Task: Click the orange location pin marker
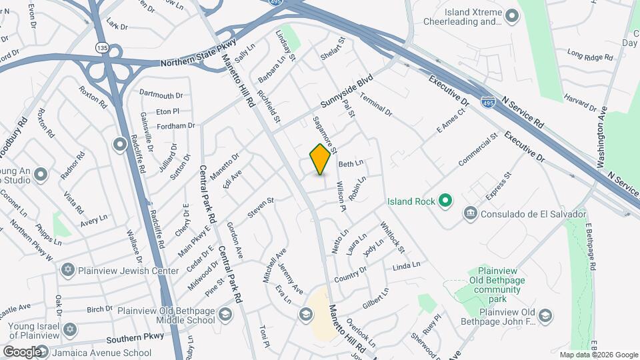click(x=321, y=159)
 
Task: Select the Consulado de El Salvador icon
click(x=471, y=213)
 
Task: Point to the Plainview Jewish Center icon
click(x=67, y=271)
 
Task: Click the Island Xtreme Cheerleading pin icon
click(x=512, y=15)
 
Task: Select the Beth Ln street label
click(x=351, y=163)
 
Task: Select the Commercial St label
click(x=478, y=149)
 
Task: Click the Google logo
click(x=22, y=351)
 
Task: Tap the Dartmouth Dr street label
click(x=161, y=96)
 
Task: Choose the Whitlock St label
click(x=393, y=238)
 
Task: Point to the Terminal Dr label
click(x=376, y=104)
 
